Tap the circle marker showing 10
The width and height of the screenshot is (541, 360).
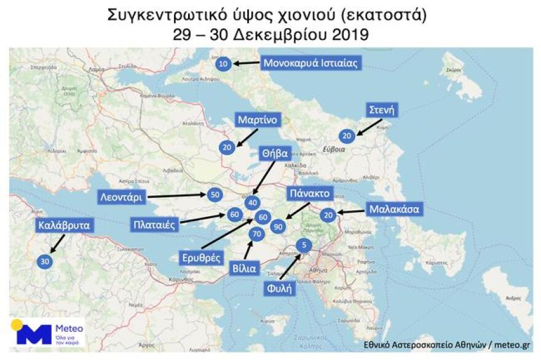224,63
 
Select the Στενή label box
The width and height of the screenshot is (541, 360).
381,111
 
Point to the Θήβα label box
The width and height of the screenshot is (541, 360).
274,154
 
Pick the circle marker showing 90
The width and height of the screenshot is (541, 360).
278,226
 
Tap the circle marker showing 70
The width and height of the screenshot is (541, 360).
257,233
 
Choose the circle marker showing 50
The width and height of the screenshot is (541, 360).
215,195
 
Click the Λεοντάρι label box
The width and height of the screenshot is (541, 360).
122,197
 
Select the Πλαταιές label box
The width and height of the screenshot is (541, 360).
155,224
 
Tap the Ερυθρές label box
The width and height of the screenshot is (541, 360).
200,257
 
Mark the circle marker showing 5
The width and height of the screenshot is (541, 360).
302,246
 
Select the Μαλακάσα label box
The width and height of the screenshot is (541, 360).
394,209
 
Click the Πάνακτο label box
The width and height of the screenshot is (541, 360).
310,194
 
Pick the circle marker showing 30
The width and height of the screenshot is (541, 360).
44,261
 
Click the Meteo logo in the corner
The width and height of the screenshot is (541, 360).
47,333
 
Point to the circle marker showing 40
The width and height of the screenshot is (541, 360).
252,203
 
